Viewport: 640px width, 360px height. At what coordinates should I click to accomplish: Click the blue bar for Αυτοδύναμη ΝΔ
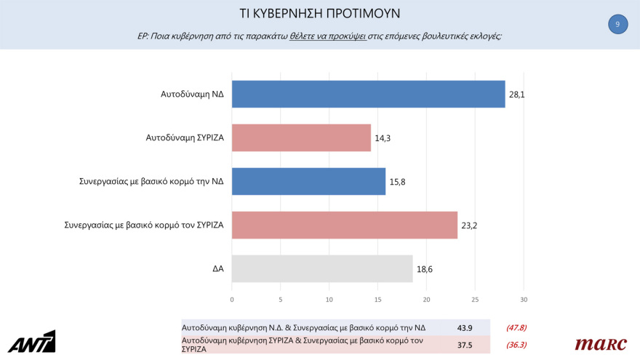368,94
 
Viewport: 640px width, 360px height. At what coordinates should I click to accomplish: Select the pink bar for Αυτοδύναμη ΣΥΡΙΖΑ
301,137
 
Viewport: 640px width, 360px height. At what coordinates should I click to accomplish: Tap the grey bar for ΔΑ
322,268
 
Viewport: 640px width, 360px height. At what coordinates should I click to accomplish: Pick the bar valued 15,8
308,181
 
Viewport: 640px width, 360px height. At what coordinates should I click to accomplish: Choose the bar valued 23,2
345,225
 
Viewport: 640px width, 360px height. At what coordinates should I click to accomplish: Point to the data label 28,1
517,95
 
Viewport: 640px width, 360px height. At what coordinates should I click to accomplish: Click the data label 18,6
425,269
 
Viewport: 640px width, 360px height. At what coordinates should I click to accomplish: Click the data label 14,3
383,138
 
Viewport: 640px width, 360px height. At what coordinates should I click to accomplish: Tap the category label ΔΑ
217,268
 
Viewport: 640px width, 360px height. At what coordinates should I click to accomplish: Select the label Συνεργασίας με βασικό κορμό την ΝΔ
151,181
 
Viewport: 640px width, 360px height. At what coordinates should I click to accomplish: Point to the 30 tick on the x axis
524,300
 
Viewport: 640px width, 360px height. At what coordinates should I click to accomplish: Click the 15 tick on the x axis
378,300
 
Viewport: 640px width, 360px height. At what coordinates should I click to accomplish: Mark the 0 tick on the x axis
232,300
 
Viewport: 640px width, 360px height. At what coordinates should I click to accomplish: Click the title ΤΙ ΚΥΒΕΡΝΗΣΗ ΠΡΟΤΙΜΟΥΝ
320,14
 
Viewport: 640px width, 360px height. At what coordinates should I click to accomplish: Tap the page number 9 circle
617,24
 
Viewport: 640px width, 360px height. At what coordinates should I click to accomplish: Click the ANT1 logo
31,342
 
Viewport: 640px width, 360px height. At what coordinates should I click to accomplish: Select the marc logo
600,344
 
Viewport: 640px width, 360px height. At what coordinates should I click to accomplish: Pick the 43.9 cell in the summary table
465,327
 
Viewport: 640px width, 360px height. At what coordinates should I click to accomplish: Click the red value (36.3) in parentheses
516,345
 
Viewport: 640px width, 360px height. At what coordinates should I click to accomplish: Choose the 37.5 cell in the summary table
465,345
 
